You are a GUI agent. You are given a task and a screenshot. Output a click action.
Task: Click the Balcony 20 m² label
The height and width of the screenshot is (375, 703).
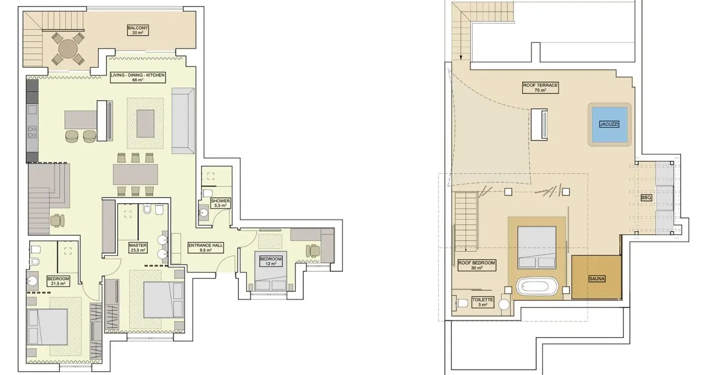[x=138, y=30]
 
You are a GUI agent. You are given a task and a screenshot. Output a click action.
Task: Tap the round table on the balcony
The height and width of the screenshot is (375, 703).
[x=68, y=49]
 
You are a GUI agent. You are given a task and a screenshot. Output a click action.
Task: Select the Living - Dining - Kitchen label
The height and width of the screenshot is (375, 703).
[x=138, y=77]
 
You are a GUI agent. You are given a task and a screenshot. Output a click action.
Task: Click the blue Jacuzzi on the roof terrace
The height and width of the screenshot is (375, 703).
[x=609, y=124]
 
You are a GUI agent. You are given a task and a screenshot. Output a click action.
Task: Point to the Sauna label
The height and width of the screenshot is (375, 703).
[x=596, y=279]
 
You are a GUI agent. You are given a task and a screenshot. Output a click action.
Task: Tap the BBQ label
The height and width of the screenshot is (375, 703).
[x=646, y=198]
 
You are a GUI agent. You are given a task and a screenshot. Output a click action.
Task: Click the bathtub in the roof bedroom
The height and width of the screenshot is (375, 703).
[x=537, y=286]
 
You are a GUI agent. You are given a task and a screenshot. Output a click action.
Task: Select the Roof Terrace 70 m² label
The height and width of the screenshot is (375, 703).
[x=540, y=88]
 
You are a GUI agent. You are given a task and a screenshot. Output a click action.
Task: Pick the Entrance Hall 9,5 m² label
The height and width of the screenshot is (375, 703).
[x=205, y=248]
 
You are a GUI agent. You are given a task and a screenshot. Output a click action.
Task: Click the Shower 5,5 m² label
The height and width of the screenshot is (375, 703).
[x=220, y=203]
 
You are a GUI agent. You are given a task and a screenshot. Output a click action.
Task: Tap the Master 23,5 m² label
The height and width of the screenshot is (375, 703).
[x=138, y=248]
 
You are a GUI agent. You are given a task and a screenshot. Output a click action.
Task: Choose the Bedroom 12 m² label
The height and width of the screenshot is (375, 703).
[x=271, y=261]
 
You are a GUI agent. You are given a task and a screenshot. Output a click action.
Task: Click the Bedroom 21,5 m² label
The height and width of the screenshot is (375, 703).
[x=58, y=281]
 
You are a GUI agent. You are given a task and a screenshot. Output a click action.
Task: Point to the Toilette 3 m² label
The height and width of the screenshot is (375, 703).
[x=483, y=302]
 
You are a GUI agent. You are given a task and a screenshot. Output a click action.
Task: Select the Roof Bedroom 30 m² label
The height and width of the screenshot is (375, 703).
[x=476, y=266]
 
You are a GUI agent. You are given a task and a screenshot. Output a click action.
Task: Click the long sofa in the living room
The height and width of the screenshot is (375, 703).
[x=183, y=121]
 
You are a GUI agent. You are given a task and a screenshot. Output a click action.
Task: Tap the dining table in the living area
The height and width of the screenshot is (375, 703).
[x=136, y=175]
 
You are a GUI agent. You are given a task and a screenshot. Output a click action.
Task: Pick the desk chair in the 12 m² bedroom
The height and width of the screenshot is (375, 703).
[x=313, y=250]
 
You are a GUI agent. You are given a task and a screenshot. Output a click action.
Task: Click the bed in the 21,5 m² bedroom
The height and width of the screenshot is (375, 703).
[x=48, y=327]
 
